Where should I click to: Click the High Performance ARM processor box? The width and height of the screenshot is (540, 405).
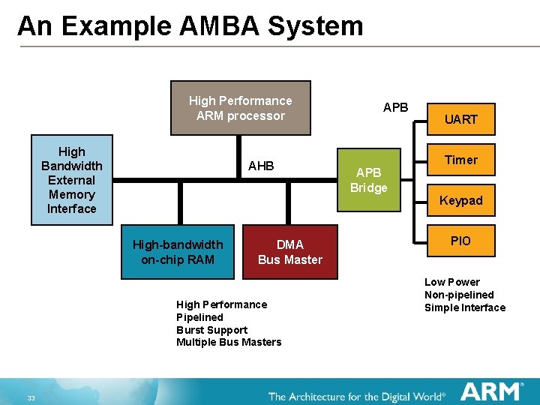point(240,108)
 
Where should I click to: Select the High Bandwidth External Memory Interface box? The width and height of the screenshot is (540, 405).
point(71,180)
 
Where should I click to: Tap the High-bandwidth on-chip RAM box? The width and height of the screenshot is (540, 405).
point(178,252)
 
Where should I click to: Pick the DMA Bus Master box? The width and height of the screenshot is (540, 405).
point(290,252)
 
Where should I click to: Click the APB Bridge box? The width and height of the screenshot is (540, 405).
point(368,180)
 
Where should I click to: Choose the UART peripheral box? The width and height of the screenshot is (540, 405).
point(460,119)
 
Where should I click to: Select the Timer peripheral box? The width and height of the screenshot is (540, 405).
point(460,160)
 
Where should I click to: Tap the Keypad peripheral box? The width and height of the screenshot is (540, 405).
point(460,200)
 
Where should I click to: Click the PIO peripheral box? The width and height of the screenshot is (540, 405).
point(460,241)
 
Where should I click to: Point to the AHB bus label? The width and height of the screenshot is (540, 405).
point(261,166)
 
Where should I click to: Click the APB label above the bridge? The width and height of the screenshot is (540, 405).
point(395,107)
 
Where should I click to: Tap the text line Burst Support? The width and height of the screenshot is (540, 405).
point(211,330)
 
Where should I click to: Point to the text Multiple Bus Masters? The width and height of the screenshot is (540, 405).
point(229,343)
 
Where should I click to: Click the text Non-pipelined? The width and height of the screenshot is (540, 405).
point(459,295)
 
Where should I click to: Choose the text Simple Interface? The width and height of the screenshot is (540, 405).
point(465,307)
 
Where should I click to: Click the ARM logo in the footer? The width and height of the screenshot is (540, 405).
point(491,391)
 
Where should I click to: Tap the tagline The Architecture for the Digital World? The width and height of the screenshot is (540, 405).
point(356,396)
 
